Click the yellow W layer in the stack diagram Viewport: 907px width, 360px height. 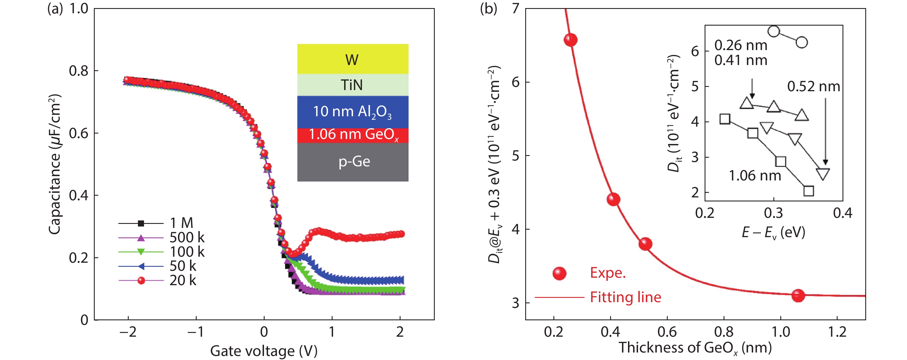[352, 59]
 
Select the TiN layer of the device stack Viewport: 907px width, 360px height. [352, 85]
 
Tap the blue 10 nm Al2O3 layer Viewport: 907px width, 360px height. [352, 112]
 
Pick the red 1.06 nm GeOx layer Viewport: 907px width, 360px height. [352, 135]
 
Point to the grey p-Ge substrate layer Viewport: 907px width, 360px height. [352, 162]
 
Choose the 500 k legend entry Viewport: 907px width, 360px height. [187, 237]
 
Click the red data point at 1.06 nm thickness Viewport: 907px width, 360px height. [798, 295]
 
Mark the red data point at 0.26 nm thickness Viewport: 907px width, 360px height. [570, 40]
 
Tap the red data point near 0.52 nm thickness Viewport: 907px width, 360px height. [645, 243]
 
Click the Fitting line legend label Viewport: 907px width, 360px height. [625, 297]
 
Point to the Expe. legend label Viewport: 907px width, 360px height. [608, 273]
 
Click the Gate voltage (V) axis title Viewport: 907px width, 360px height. [264, 351]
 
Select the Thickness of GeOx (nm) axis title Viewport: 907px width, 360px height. [695, 348]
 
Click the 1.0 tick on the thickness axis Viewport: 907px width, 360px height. [781, 332]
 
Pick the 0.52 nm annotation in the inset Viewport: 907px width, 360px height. [813, 87]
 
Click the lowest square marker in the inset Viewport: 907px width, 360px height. [809, 191]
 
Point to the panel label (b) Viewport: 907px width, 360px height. [488, 8]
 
